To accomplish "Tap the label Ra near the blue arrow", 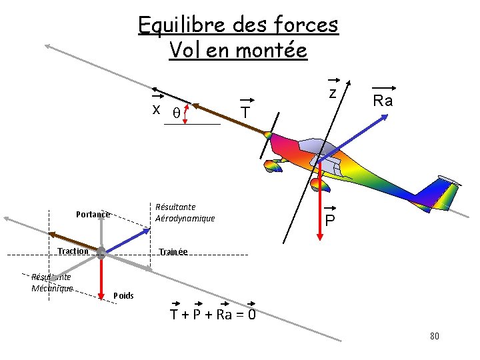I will click(383, 101).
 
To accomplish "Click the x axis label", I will click(156, 109).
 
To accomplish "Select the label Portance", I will click(93, 215).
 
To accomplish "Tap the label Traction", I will click(73, 251).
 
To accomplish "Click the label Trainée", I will click(173, 252).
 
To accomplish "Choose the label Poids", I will click(124, 295).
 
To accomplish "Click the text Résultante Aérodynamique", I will click(185, 213).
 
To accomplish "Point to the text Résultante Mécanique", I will click(51, 283).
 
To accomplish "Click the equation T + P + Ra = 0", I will click(213, 315).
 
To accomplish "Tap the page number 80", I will click(435, 336).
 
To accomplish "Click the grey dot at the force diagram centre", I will click(101, 253).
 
